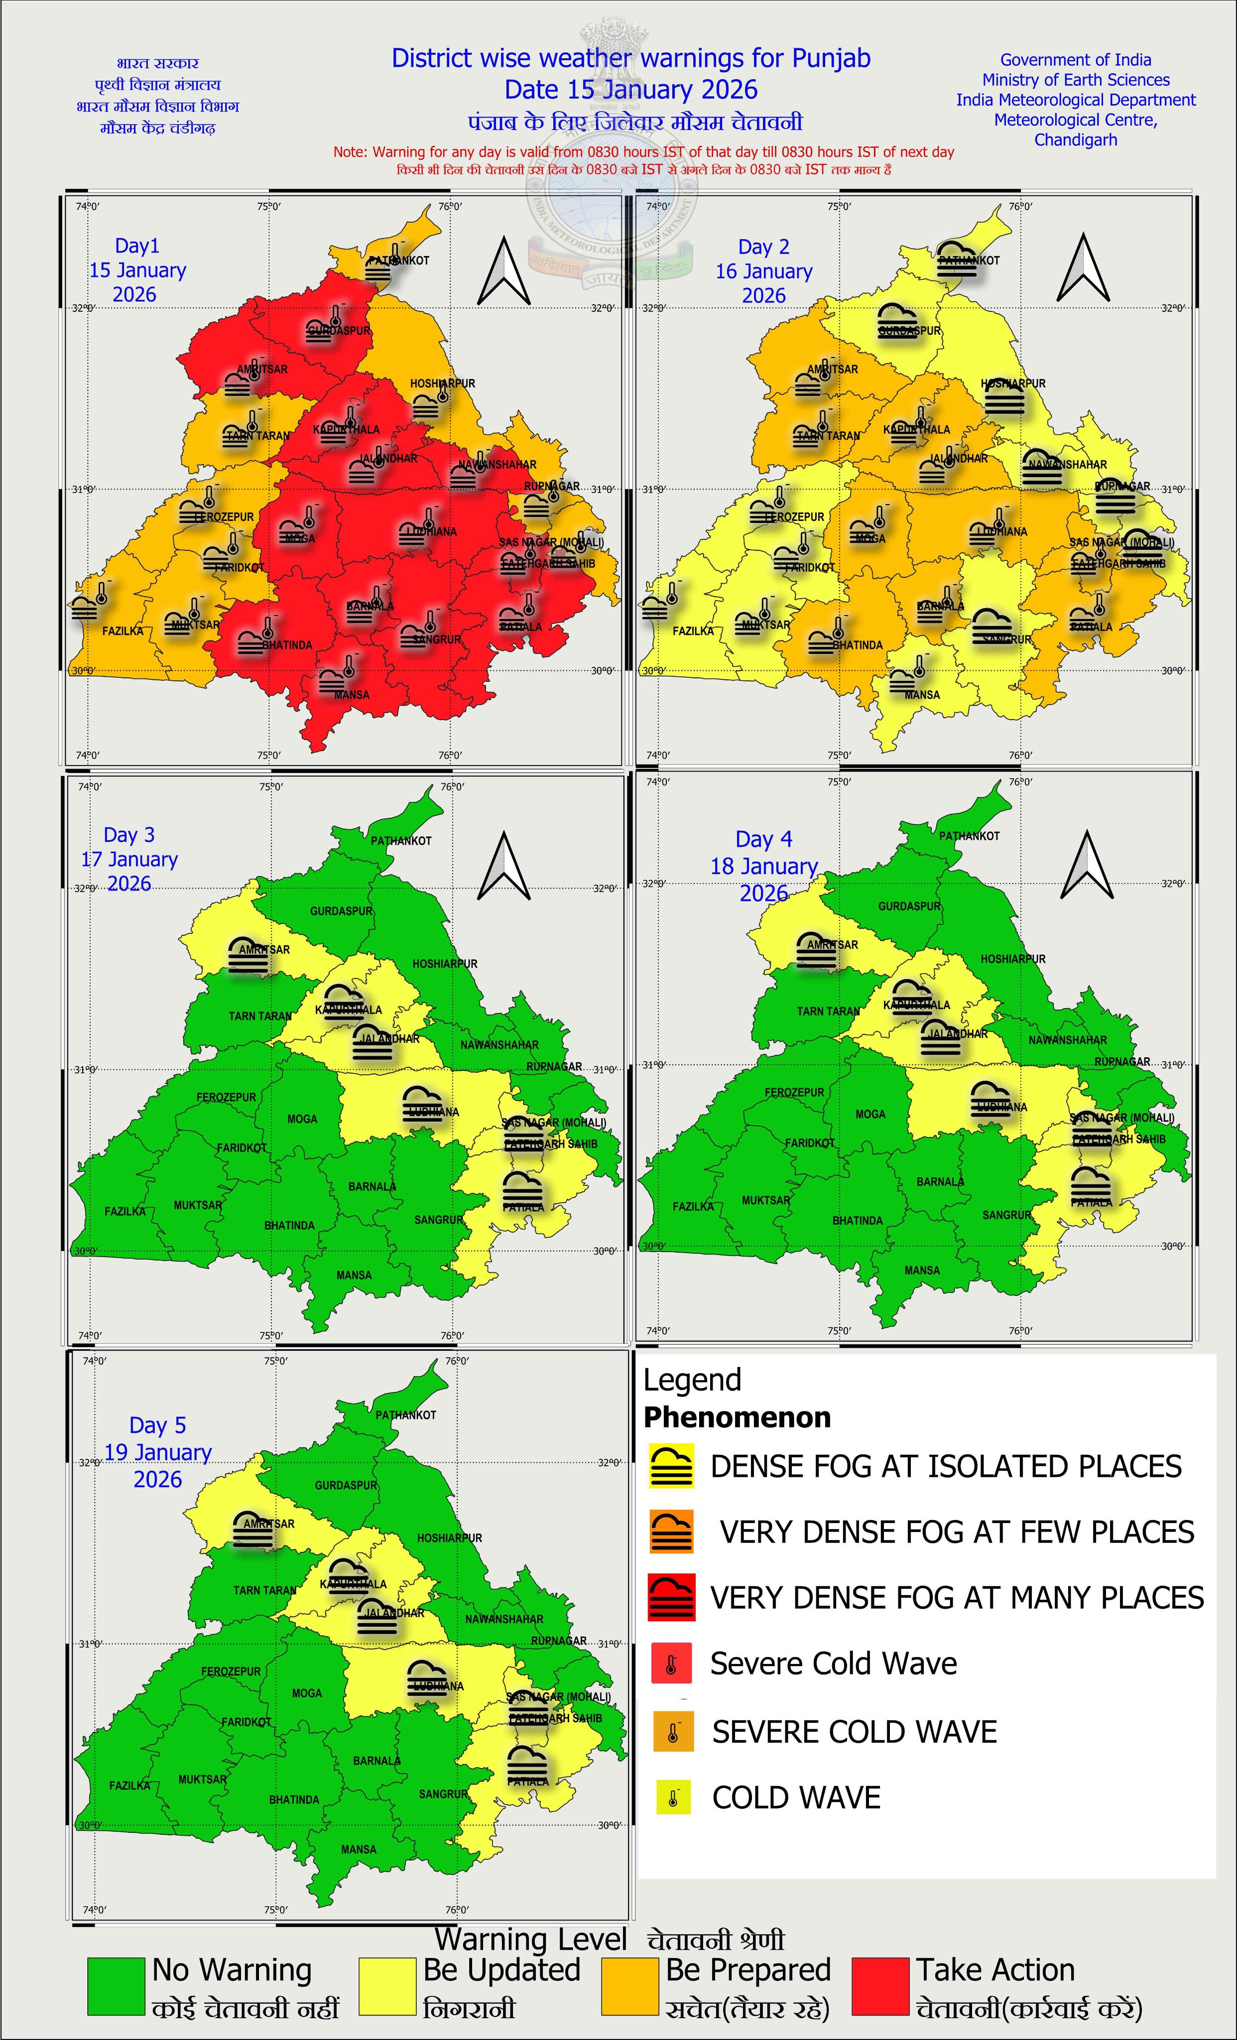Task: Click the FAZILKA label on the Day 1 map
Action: pos(123,631)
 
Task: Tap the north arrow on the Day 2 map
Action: pos(1083,268)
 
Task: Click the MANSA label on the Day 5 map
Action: pos(359,1849)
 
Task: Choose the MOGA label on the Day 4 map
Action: pos(870,1114)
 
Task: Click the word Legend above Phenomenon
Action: pos(692,1380)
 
